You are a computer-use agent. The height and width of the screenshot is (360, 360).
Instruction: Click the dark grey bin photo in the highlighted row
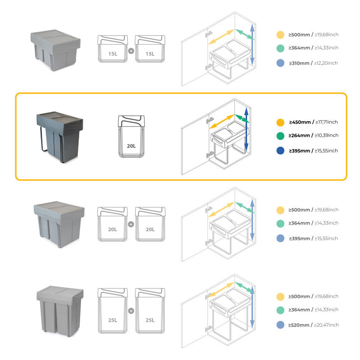(59, 136)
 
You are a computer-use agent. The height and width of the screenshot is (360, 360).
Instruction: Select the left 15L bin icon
(112, 49)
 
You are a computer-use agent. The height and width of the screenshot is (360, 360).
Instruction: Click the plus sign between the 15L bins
(131, 51)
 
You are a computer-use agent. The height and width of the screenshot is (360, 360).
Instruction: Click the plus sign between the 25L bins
(131, 310)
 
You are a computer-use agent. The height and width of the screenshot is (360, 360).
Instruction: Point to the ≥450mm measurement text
(300, 122)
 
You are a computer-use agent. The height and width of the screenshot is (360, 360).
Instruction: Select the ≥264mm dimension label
(300, 135)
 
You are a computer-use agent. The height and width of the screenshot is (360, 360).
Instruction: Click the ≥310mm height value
(300, 63)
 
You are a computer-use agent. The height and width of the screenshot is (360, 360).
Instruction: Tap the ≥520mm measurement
(300, 325)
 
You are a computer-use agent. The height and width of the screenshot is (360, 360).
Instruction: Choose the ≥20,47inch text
(327, 325)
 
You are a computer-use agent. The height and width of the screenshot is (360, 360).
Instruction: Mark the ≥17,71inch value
(327, 122)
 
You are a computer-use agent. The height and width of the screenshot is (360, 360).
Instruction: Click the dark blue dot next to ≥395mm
(280, 151)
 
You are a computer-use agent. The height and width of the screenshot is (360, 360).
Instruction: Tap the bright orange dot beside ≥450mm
(280, 122)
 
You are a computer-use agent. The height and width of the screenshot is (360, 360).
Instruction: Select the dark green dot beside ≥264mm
(280, 135)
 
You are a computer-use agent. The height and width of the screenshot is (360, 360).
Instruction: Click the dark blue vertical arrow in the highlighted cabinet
(246, 128)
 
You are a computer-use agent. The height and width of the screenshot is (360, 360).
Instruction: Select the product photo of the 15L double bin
(55, 49)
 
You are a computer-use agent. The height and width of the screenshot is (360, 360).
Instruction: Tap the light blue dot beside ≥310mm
(280, 63)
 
